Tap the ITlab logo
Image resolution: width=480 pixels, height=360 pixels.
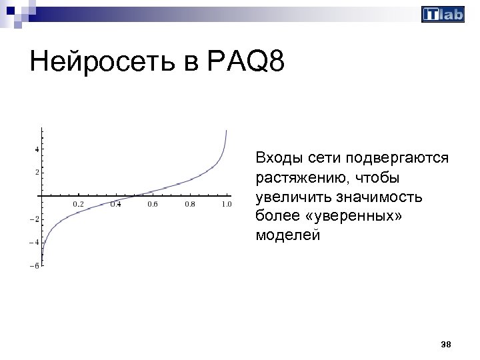point(443,15)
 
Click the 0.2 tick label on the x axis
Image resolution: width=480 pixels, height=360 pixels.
point(78,204)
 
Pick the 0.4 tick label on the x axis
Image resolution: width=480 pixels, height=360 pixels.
point(115,204)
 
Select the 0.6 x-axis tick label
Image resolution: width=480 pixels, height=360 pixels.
point(153,204)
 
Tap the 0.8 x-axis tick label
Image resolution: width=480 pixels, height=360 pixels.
point(190,204)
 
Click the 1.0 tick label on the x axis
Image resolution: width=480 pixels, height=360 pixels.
point(227,204)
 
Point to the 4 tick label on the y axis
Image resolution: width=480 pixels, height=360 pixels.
point(36,149)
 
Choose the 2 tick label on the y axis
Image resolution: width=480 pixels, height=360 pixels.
point(36,173)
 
